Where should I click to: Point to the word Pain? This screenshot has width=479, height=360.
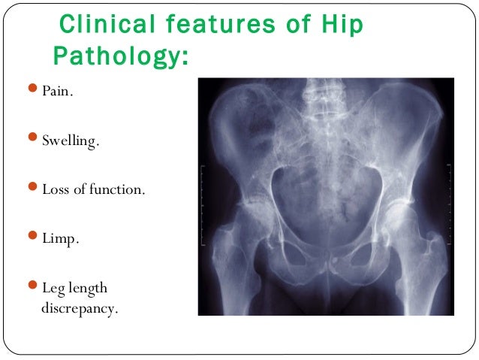pyautogui.click(x=56, y=95)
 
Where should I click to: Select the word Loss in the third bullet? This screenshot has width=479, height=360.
pyautogui.click(x=54, y=189)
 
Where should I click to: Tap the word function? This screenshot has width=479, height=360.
pyautogui.click(x=116, y=189)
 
